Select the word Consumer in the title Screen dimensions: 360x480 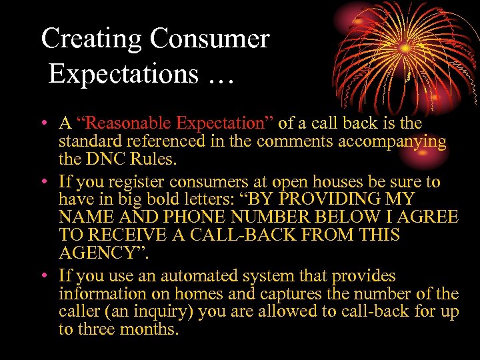point(209,39)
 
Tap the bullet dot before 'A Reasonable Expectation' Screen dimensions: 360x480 point(43,124)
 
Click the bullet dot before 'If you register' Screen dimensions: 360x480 point(43,182)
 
